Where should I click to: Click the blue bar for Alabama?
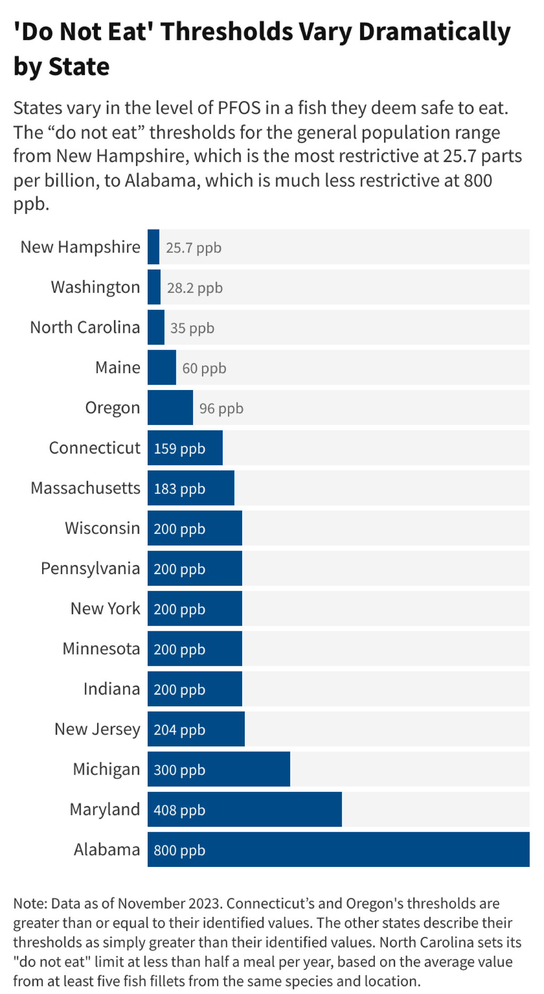(x=338, y=849)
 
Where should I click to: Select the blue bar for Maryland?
(x=244, y=809)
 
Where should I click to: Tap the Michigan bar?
(x=219, y=769)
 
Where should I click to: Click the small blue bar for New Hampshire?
(x=153, y=247)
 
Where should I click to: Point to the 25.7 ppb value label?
(x=194, y=248)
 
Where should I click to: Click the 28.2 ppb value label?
(x=194, y=288)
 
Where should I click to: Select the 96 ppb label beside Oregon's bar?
(x=221, y=408)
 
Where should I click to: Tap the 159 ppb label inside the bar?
(x=180, y=448)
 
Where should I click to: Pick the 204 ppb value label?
(x=180, y=730)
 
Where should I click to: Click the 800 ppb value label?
(x=180, y=850)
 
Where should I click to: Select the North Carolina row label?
(x=85, y=327)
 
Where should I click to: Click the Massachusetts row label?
(x=85, y=488)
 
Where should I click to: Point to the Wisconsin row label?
(x=102, y=528)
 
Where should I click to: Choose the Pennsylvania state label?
(x=90, y=569)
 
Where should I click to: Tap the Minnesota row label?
(x=101, y=649)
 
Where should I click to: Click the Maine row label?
(x=117, y=367)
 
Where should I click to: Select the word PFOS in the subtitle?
(x=239, y=108)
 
